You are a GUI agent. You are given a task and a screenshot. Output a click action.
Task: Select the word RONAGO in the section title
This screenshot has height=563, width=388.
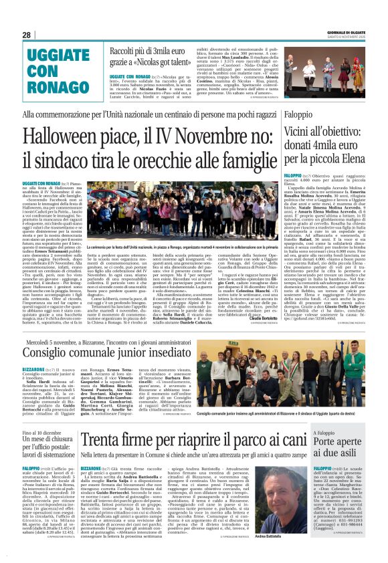point(57,86)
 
